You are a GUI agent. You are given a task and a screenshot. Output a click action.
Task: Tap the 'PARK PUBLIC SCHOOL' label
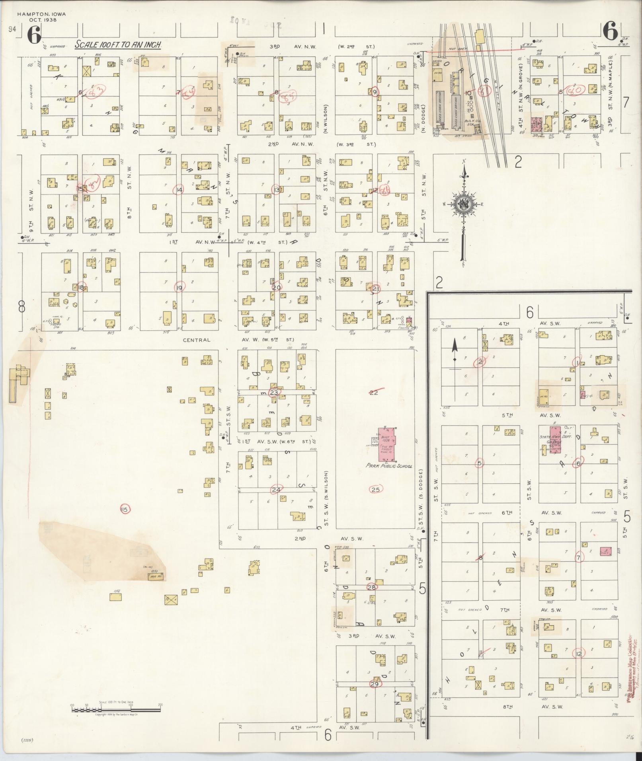(x=389, y=466)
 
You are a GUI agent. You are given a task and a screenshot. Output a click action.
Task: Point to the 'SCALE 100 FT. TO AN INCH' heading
(x=118, y=45)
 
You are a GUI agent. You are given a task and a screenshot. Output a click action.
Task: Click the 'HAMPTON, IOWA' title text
(x=41, y=14)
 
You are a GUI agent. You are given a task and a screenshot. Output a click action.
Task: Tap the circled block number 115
(x=125, y=509)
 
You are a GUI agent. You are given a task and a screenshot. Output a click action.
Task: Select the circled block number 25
(x=375, y=489)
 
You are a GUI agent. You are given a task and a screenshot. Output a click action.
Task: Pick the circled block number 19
(x=180, y=288)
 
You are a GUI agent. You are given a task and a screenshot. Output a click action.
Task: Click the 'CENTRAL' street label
(x=196, y=340)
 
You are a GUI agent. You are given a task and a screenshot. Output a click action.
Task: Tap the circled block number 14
(x=180, y=190)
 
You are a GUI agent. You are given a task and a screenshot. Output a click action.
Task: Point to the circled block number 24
(x=276, y=489)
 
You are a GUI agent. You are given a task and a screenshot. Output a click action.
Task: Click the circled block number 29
(x=375, y=684)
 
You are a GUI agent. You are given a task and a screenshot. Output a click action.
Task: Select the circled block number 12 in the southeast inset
(x=579, y=654)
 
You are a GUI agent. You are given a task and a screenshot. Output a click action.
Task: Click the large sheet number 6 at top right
(x=610, y=32)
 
